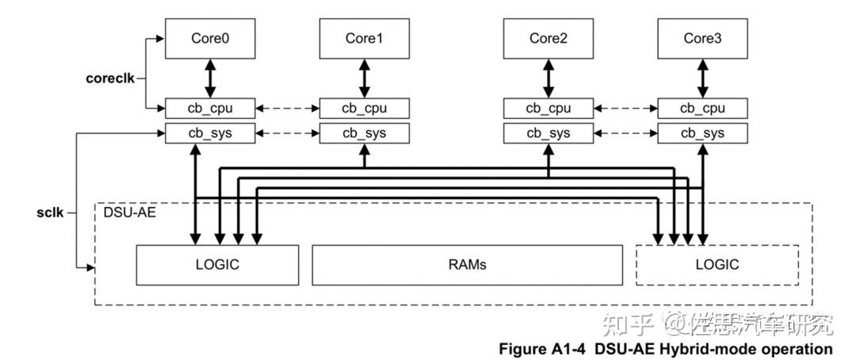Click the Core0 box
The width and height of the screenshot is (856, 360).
click(210, 38)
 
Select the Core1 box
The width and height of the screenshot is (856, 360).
click(365, 38)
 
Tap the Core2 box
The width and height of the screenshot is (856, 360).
click(548, 38)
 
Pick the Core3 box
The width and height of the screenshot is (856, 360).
click(703, 38)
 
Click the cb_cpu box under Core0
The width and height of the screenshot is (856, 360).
click(210, 108)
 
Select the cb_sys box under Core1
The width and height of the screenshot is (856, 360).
click(365, 132)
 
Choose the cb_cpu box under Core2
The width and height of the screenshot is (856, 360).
click(548, 108)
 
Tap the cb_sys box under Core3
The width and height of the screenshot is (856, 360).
click(703, 132)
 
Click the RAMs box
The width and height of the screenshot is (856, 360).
click(467, 265)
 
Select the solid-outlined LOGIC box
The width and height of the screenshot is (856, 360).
click(217, 265)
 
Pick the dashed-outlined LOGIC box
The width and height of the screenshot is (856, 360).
click(717, 265)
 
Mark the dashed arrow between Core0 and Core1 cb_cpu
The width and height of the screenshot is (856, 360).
click(287, 108)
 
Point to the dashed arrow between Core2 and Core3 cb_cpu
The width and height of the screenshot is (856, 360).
click(625, 108)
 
